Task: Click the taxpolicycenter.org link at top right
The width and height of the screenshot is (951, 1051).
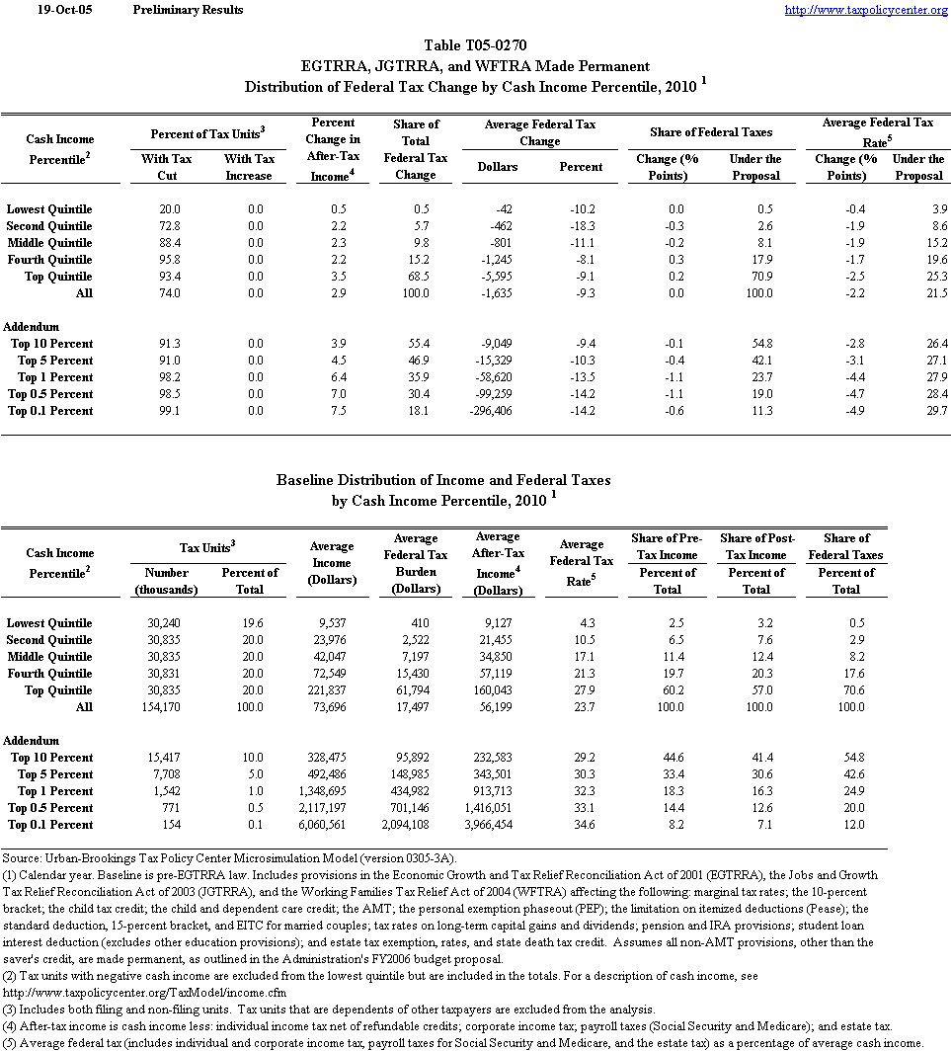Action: click(x=865, y=10)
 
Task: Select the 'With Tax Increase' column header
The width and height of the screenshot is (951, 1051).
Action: click(x=249, y=167)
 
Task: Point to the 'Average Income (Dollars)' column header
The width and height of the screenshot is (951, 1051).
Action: click(x=332, y=563)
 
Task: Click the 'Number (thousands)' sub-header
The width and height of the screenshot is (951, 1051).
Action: click(x=166, y=581)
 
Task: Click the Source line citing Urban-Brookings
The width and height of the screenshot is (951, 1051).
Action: click(x=229, y=858)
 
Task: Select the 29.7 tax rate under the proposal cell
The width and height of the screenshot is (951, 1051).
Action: click(x=933, y=411)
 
